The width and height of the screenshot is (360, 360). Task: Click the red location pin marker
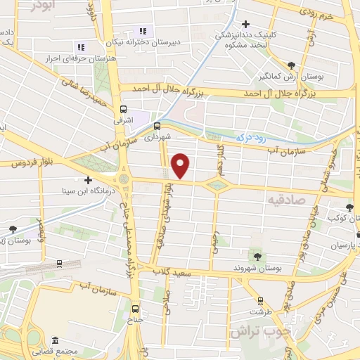click(x=181, y=165)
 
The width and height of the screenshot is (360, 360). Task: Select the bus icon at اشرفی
click(x=124, y=110)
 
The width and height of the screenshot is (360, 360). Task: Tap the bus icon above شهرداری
click(x=156, y=127)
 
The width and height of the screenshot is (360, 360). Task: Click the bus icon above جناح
click(x=136, y=307)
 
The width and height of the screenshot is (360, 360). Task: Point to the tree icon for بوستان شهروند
click(x=257, y=257)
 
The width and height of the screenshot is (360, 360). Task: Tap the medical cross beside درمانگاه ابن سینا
click(x=88, y=179)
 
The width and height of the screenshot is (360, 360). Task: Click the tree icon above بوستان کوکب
click(x=349, y=207)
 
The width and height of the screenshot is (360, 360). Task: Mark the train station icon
click(x=59, y=264)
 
